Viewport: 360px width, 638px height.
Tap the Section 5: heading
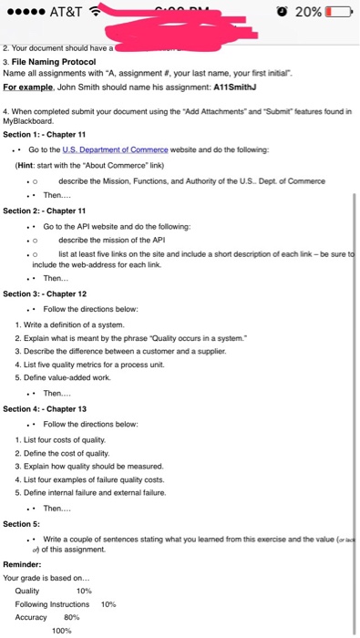click(22, 524)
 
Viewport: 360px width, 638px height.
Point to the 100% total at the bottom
click(62, 630)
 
